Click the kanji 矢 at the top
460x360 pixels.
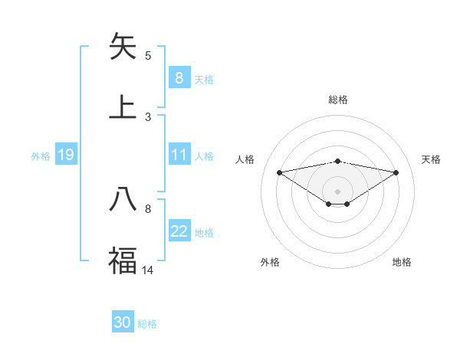pyautogui.click(x=123, y=47)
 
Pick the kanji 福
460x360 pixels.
pyautogui.click(x=123, y=260)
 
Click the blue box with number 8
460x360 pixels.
pyautogui.click(x=179, y=78)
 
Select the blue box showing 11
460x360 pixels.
pyautogui.click(x=179, y=155)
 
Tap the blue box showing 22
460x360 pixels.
pyautogui.click(x=179, y=231)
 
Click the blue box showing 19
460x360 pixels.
pyautogui.click(x=65, y=155)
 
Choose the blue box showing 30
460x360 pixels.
pyautogui.click(x=123, y=322)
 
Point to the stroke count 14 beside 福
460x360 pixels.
pyautogui.click(x=148, y=270)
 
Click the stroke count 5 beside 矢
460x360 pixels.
pyautogui.click(x=148, y=56)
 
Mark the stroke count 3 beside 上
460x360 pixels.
pyautogui.click(x=148, y=117)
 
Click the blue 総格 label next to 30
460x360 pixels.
pyautogui.click(x=147, y=324)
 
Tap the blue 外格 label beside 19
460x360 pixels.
pyautogui.click(x=41, y=155)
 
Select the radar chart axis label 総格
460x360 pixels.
pyautogui.click(x=337, y=100)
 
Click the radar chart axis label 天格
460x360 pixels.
pyautogui.click(x=431, y=159)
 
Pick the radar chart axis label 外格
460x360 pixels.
pyautogui.click(x=270, y=262)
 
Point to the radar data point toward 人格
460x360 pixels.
pyautogui.click(x=279, y=172)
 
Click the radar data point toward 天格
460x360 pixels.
pyautogui.click(x=396, y=172)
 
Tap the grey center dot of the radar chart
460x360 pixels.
pyautogui.click(x=337, y=191)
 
